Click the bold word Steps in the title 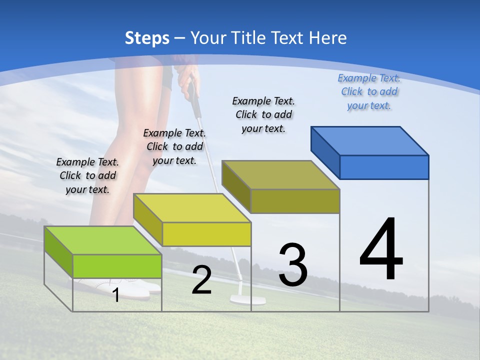click(x=147, y=38)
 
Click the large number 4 click(x=381, y=250)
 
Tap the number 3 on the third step click(x=293, y=265)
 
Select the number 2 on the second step click(x=202, y=280)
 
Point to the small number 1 click(x=116, y=295)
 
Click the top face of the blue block click(x=370, y=140)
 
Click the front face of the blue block click(x=384, y=167)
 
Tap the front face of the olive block click(x=295, y=201)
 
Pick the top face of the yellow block click(x=192, y=208)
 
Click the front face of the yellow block click(x=206, y=234)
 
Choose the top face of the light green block click(x=103, y=240)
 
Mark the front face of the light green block click(x=117, y=266)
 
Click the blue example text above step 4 click(x=369, y=92)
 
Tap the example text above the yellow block click(x=174, y=146)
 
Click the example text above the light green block click(x=87, y=175)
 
